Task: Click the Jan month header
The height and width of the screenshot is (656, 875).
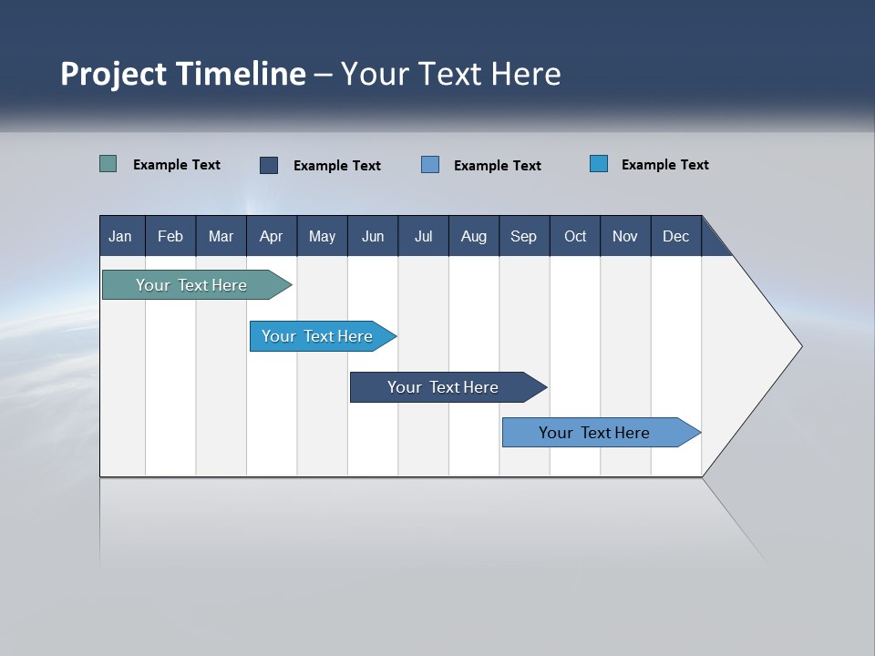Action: tap(120, 237)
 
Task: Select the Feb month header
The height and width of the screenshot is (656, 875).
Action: tap(170, 237)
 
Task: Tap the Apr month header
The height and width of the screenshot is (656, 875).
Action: tap(271, 237)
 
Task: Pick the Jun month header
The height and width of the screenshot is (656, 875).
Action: tap(373, 237)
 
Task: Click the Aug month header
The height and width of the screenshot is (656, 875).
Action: tap(474, 237)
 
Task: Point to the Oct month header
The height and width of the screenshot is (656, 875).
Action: tap(575, 237)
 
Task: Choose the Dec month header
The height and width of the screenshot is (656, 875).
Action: tap(676, 237)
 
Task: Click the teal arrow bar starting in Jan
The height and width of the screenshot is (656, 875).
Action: tap(191, 285)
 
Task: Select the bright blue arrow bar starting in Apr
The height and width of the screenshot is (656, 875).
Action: tap(317, 336)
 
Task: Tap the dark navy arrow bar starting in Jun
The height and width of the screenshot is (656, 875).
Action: tap(443, 387)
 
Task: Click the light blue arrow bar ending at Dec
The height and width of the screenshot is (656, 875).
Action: tap(594, 433)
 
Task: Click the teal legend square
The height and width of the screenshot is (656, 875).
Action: tap(108, 164)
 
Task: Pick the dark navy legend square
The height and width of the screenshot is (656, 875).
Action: tap(269, 165)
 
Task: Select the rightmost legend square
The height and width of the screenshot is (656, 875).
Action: tap(599, 164)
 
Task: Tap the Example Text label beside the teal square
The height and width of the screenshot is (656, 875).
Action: tap(177, 165)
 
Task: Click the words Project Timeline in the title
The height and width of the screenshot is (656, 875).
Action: tap(183, 74)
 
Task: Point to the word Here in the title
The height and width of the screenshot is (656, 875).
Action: tap(526, 74)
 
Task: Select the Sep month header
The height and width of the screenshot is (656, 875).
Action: tap(524, 237)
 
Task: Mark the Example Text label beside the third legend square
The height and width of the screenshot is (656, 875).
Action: tap(498, 166)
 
